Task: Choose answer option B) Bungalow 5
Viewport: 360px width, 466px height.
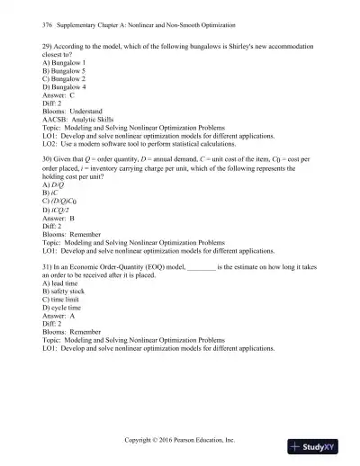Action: (64, 73)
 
